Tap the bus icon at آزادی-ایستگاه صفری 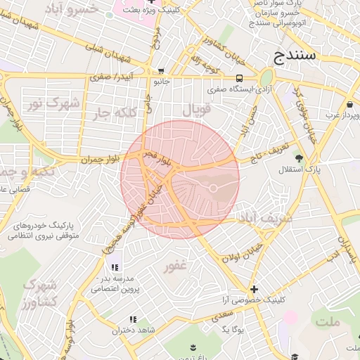click(x=240, y=78)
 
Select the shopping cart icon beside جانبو click(x=161, y=70)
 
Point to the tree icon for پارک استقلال click(x=300, y=158)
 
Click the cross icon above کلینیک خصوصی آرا click(x=255, y=289)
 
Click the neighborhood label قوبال click(x=196, y=110)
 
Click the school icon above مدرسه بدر click(x=115, y=267)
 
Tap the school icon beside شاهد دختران click(x=133, y=320)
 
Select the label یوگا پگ click(x=231, y=328)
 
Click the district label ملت click(x=327, y=321)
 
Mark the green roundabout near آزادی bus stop click(x=266, y=77)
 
